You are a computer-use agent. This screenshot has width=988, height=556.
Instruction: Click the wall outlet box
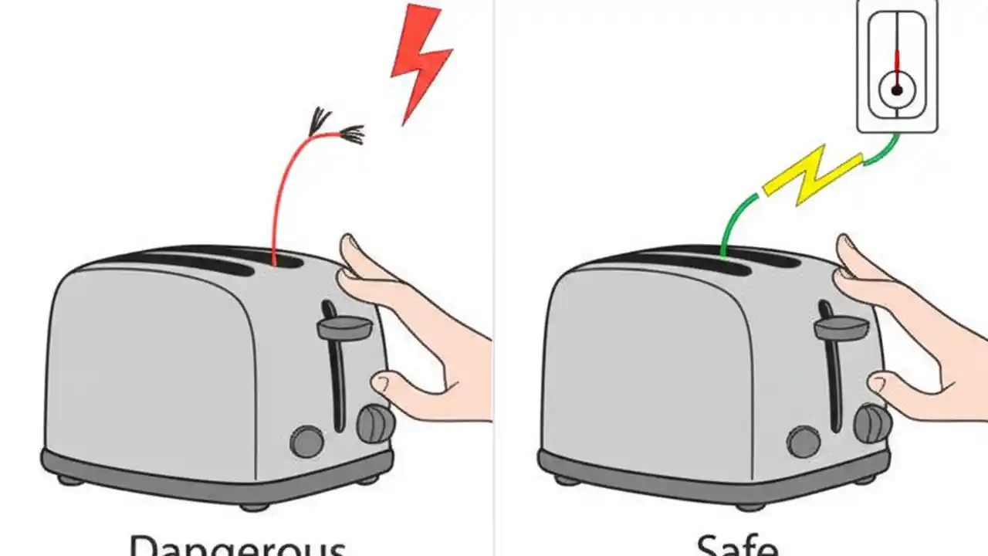(x=897, y=66)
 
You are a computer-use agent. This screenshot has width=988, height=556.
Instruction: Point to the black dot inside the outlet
(x=897, y=90)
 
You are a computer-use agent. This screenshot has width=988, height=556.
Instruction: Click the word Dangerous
(x=236, y=544)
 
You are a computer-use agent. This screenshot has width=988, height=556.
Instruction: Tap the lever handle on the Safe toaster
(x=841, y=328)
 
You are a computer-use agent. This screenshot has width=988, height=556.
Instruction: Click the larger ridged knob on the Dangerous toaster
(x=376, y=423)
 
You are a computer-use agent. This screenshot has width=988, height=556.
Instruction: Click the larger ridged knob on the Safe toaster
(x=872, y=423)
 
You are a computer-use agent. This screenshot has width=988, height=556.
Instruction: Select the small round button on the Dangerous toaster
(x=307, y=442)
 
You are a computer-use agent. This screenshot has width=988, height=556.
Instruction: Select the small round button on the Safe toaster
(x=804, y=442)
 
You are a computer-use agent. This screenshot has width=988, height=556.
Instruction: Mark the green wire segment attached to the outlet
(x=882, y=153)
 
